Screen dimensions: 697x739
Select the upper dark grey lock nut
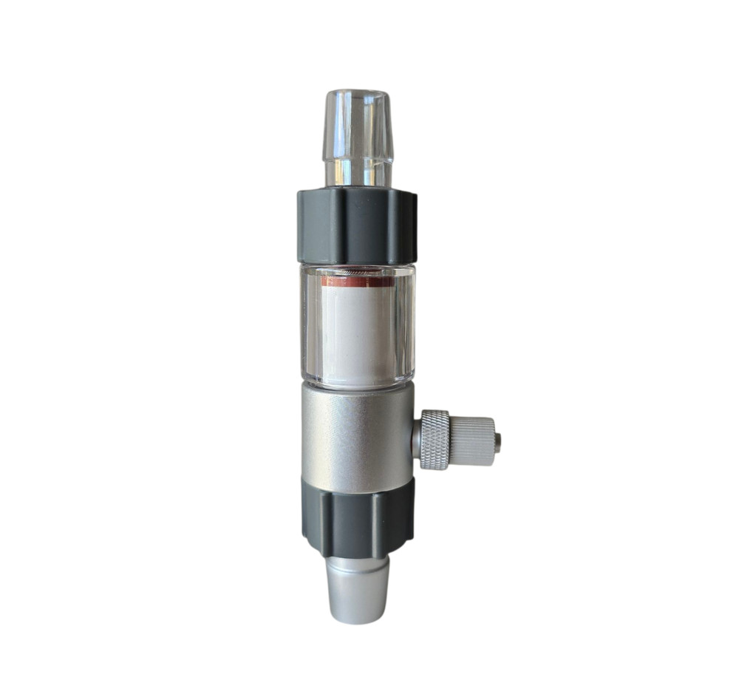[357, 225]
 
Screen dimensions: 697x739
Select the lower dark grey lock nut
[358, 517]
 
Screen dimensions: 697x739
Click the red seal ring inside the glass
[358, 282]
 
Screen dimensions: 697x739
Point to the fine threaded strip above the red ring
[358, 273]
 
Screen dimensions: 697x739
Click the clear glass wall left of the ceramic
[310, 325]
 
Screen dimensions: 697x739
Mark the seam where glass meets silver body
[358, 384]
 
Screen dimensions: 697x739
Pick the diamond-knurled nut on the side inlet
[435, 439]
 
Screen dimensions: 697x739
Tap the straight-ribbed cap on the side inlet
[472, 441]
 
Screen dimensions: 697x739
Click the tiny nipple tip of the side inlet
[497, 442]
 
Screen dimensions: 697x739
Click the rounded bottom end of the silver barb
[358, 618]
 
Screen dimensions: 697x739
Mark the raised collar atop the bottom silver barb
[358, 565]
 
